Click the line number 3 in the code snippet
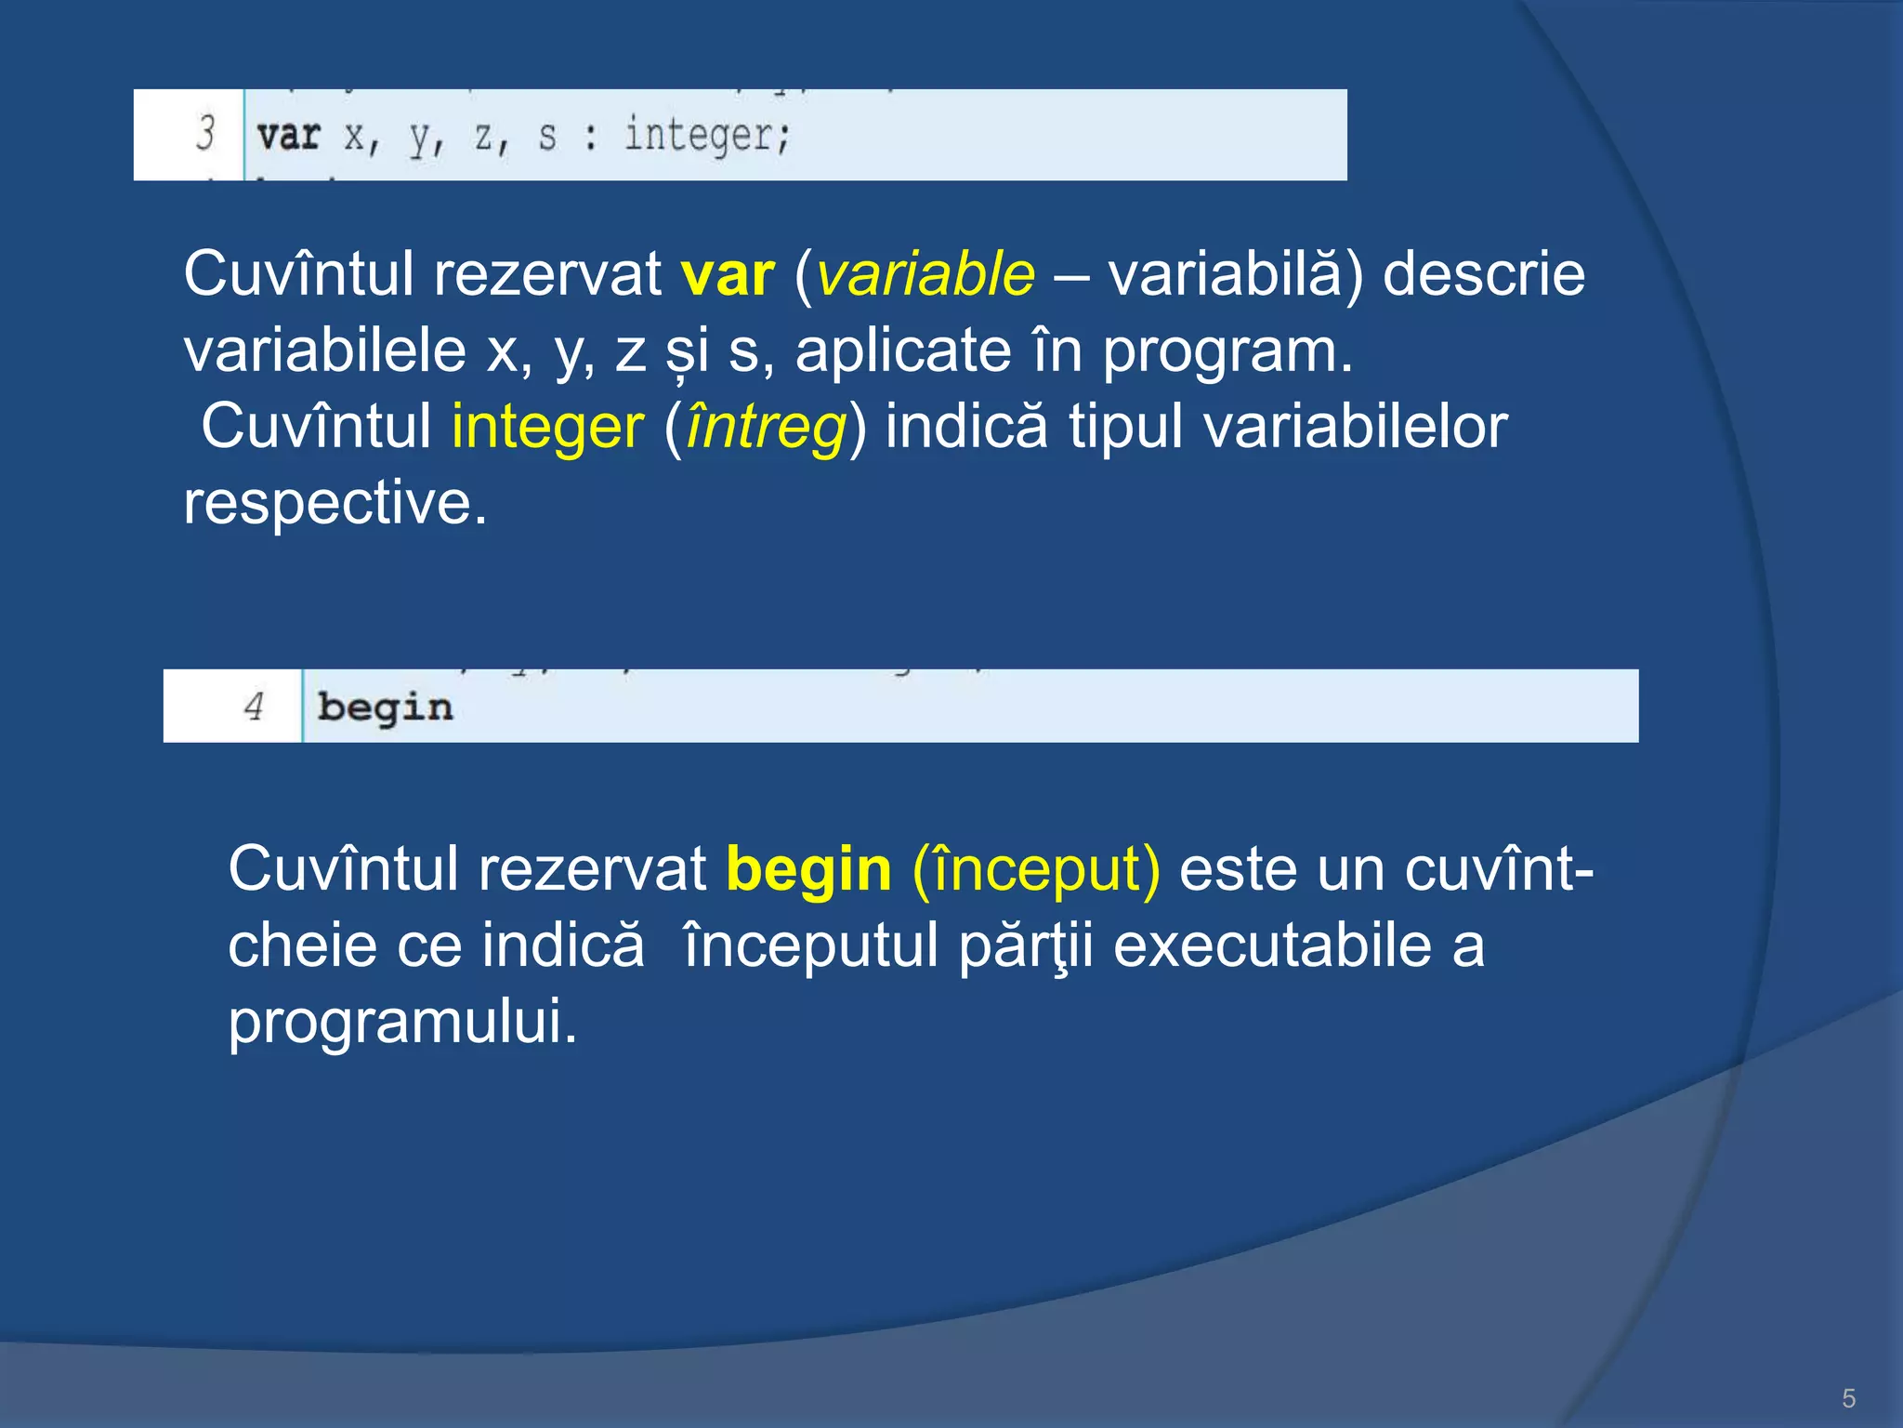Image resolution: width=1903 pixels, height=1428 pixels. coord(205,133)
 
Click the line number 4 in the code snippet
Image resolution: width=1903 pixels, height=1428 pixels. coord(254,707)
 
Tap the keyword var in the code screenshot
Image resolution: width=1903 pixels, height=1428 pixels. coord(289,136)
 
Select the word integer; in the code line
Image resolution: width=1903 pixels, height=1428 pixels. coord(707,136)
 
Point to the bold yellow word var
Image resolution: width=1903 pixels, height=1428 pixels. coord(728,275)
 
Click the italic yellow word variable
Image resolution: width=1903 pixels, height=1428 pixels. coord(925,275)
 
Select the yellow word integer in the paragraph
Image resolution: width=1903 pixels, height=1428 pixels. coord(547,428)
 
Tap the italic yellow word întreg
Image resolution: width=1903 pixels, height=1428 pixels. coord(766,428)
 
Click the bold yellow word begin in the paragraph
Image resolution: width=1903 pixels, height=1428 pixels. coord(808,870)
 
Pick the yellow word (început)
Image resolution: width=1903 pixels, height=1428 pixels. coord(1036,870)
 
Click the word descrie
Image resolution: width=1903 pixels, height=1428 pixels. coord(1483,275)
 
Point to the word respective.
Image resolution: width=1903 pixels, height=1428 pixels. coord(335,504)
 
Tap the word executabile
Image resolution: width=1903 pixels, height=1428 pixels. coord(1272,946)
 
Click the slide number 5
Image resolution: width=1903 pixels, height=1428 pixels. coord(1848,1398)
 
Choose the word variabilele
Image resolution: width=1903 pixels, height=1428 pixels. coord(324,351)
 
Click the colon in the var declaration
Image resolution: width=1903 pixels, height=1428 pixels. coord(590,138)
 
